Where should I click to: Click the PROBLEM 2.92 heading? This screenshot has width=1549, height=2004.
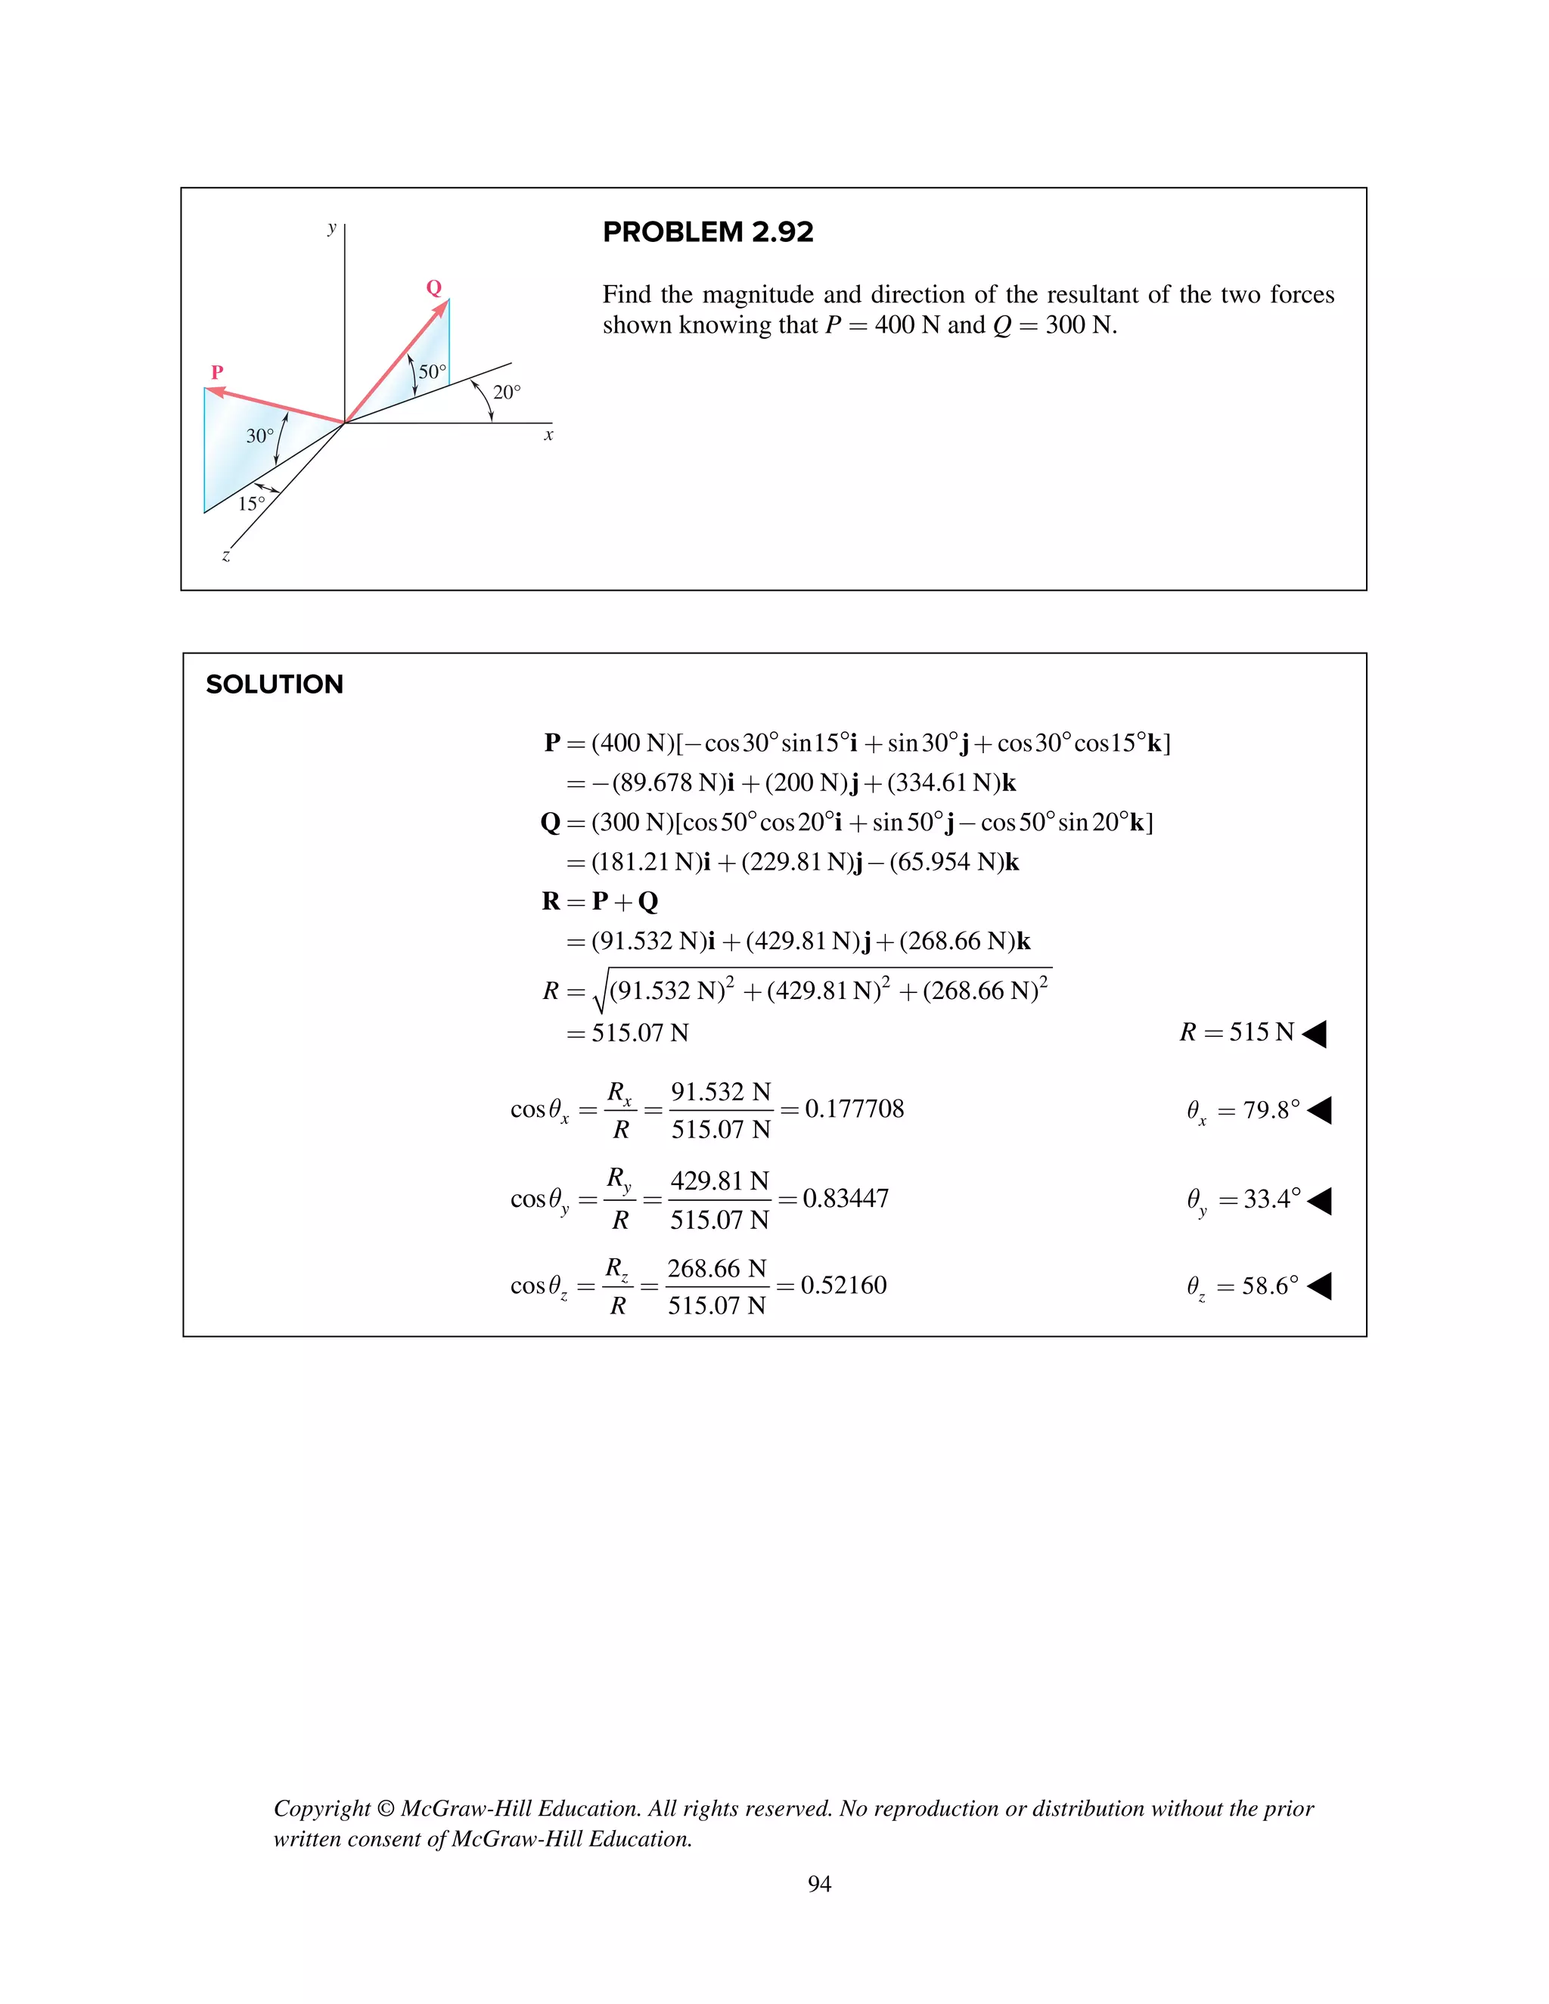coord(707,232)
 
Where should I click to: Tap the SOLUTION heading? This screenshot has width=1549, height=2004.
coord(275,684)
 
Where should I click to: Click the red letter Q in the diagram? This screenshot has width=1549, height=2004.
coord(434,288)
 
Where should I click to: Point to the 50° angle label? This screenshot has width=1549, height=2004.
coord(432,371)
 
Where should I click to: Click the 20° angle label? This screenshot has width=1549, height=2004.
coord(507,392)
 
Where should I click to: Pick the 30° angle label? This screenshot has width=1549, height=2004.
coord(259,436)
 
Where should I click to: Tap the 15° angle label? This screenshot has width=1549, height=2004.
coord(251,504)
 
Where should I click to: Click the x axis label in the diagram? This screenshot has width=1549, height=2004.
coord(549,435)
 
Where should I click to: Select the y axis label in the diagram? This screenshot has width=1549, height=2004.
coord(332,228)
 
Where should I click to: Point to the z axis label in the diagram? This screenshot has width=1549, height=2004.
coord(225,555)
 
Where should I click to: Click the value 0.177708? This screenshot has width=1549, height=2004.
coord(855,1109)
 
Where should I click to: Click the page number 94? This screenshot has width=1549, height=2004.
coord(819,1884)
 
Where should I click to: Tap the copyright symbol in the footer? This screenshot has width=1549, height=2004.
coord(386,1809)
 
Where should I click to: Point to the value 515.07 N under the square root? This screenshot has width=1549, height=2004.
coord(640,1033)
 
